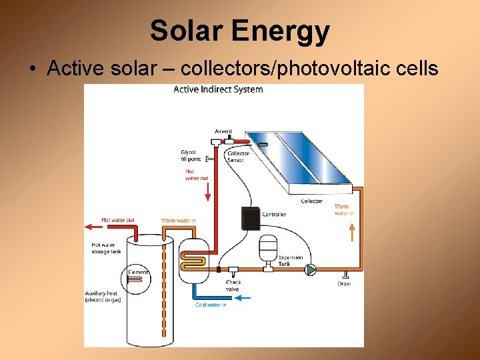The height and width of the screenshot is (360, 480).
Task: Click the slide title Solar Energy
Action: tap(239, 31)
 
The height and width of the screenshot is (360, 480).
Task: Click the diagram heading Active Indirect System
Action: tap(218, 89)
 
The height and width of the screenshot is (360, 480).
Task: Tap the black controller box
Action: tap(250, 219)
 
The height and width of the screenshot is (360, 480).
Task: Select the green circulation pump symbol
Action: tap(311, 270)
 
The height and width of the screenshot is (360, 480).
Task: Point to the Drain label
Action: tap(344, 284)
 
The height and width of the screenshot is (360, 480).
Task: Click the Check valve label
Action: tap(233, 285)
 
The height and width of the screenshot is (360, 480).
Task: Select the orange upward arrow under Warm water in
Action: tap(353, 232)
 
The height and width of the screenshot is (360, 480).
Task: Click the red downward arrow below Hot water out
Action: tap(208, 191)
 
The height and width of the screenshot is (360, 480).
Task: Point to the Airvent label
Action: tap(223, 131)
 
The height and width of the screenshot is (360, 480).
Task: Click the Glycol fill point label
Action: tap(189, 155)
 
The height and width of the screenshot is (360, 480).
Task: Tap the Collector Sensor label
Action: tap(238, 157)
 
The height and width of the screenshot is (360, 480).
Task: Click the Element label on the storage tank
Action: tap(138, 272)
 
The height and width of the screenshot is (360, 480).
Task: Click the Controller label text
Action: tap(274, 215)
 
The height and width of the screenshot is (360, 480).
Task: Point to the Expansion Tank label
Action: tap(290, 261)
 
